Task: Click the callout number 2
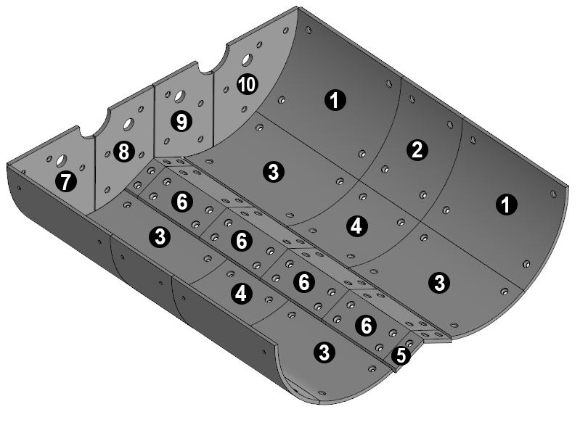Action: tap(417, 150)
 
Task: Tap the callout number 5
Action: tap(401, 355)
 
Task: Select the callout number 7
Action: tap(66, 182)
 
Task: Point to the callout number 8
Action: tap(124, 152)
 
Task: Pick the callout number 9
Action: tap(181, 121)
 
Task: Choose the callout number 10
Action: tap(248, 84)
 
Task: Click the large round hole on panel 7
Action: tap(61, 161)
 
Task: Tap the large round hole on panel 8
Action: tap(128, 124)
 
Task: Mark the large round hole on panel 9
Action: tap(179, 96)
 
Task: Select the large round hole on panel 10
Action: tap(247, 59)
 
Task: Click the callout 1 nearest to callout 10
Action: tap(335, 100)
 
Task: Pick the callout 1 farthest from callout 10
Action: tap(507, 205)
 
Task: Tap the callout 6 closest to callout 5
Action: tap(366, 326)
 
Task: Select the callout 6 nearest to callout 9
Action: tap(182, 202)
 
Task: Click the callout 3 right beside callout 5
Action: tap(324, 352)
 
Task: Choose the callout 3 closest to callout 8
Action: tap(160, 237)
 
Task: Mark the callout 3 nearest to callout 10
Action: tap(274, 172)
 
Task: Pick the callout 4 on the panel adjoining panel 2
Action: tap(356, 226)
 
